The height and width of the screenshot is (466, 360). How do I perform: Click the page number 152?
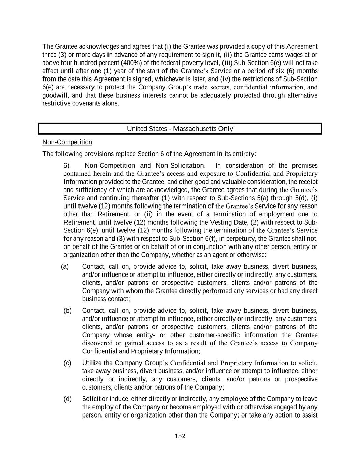coord(180,436)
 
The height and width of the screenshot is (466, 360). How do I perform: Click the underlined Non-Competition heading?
coord(67,142)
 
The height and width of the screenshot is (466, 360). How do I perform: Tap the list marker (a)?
coord(65,267)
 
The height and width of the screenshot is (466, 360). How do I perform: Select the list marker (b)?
coord(68,311)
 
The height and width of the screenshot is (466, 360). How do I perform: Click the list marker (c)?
coord(67,363)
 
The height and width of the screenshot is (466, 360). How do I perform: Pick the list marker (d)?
coord(68,399)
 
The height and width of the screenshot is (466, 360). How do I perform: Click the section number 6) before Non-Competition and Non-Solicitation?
coord(67,166)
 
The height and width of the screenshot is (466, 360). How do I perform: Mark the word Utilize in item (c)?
coord(92,363)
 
